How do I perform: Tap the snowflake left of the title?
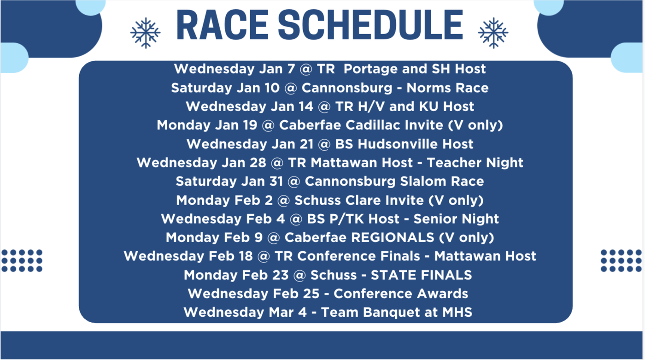145,33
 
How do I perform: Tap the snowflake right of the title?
493,33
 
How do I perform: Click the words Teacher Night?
475,163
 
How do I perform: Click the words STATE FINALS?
421,275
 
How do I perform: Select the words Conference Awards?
401,294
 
